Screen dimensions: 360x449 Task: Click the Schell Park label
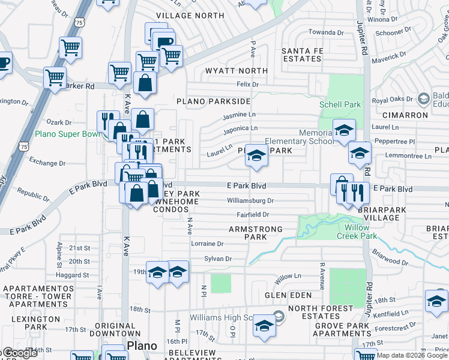(340, 104)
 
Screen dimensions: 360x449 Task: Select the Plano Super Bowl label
(67, 134)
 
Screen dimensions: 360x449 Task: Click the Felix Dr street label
(247, 85)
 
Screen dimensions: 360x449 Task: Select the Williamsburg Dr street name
(250, 201)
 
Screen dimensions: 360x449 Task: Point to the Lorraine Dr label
(206, 244)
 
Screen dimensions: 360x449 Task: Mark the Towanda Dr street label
(326, 32)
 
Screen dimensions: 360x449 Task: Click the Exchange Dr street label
(47, 163)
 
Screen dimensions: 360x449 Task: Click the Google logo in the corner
(19, 353)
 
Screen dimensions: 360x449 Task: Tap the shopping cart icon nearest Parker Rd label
(55, 77)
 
